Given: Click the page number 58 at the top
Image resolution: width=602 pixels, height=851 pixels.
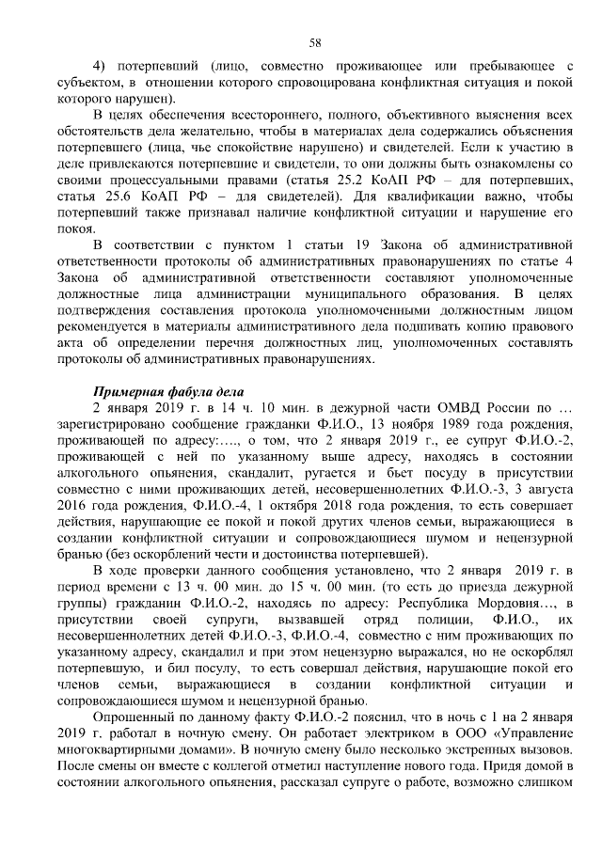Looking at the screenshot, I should coord(315,41).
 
